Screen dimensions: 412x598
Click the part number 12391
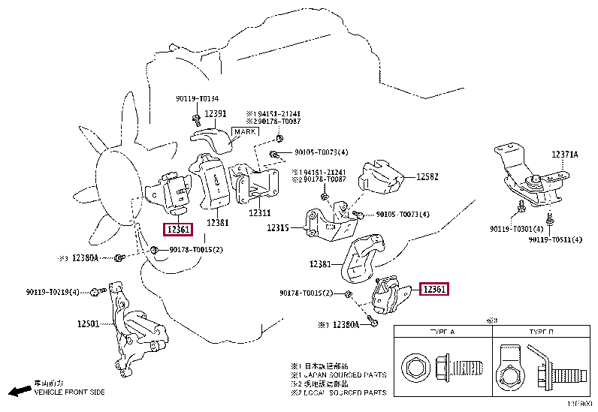tap(216, 113)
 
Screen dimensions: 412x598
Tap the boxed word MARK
tap(245, 131)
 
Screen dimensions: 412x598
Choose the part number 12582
tap(428, 177)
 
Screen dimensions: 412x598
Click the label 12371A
tap(565, 154)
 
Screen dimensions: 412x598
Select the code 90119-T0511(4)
tap(555, 240)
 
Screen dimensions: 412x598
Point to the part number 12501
tap(88, 324)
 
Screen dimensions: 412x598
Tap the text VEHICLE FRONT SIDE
tap(69, 392)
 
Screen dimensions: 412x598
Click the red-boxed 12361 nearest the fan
tap(180, 230)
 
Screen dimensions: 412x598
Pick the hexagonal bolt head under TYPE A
tap(415, 368)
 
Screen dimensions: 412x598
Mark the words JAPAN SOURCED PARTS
tap(354, 374)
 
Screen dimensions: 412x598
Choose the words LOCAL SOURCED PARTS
tap(353, 392)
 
